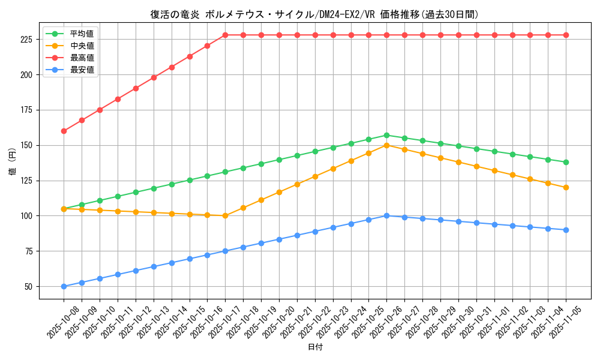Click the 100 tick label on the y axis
[x=29, y=216]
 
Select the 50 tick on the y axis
[x=31, y=286]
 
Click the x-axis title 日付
[x=315, y=347]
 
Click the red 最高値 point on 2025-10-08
[x=64, y=131]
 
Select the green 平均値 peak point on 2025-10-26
[x=386, y=135]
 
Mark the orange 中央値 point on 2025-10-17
[x=225, y=216]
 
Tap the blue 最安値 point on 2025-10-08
[x=64, y=286]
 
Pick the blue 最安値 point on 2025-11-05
[x=566, y=230]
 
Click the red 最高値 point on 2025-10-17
[x=225, y=35]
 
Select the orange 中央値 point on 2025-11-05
[x=566, y=187]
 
